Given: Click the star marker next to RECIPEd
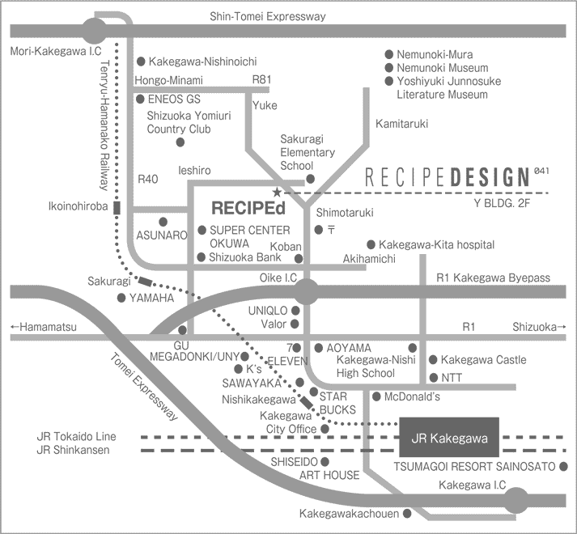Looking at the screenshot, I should pos(277,193).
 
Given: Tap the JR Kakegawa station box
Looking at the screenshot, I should pos(449,439).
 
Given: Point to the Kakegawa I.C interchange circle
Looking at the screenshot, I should pos(519,501).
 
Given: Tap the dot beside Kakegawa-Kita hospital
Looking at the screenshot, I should pos(371,244).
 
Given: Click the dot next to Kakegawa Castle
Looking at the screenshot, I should pos(433,360).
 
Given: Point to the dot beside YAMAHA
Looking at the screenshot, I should pos(121,298).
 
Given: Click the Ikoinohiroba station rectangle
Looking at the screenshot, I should pos(117,207).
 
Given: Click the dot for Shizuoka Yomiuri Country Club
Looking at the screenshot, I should pos(180,142).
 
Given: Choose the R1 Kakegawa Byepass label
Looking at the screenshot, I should pos(493,278).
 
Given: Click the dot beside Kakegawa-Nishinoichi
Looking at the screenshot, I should pos(141,61).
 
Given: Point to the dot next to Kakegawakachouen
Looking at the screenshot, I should pos(407,514).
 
